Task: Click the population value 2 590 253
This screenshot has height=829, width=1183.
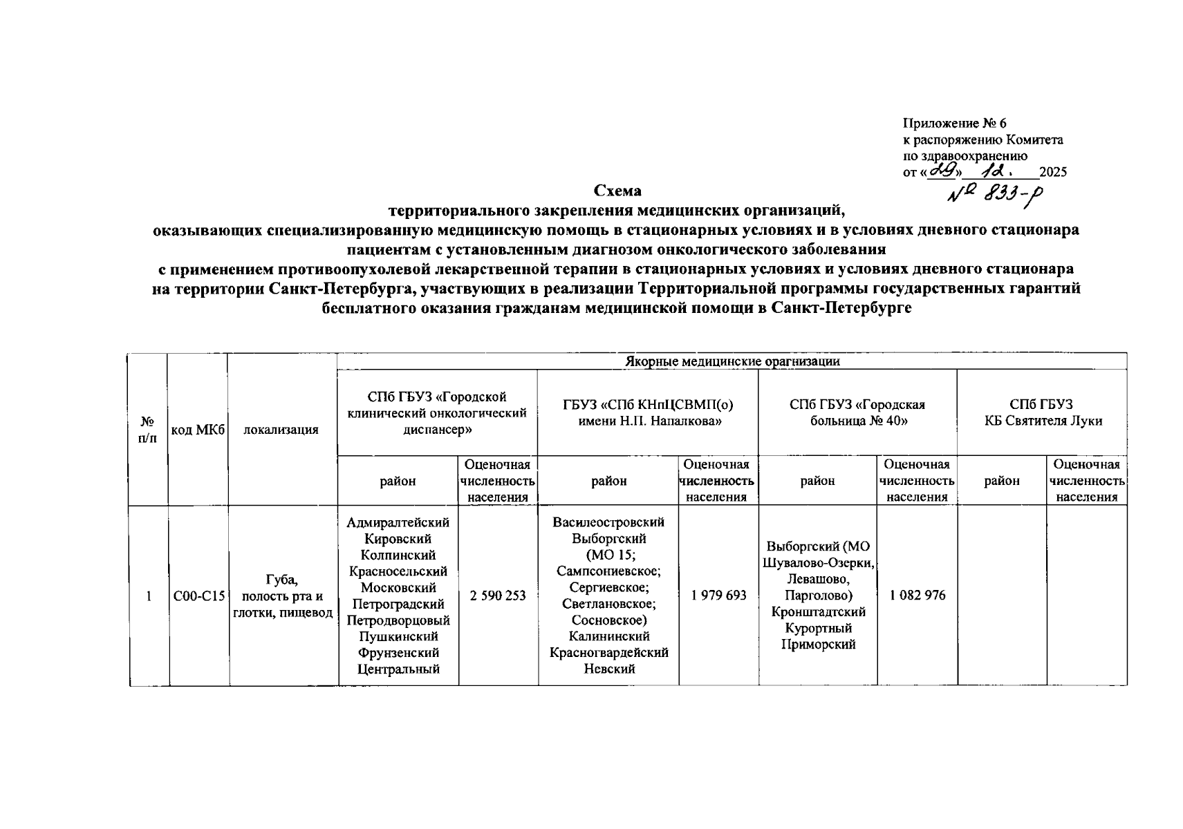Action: [x=498, y=595]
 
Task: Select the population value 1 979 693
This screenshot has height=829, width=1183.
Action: [x=718, y=595]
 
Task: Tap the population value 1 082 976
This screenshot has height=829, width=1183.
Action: [x=917, y=595]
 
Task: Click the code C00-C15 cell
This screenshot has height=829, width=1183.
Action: [x=199, y=595]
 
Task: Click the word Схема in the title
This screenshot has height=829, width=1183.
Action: [x=617, y=191]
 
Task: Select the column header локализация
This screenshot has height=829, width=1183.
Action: [x=281, y=430]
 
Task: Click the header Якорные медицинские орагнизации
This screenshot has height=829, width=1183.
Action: [x=732, y=361]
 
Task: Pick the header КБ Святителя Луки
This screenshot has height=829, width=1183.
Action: [x=1043, y=421]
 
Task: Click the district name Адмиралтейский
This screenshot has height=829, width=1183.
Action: [x=398, y=523]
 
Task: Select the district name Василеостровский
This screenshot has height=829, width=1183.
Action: [x=608, y=522]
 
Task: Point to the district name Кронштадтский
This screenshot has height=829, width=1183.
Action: [x=818, y=612]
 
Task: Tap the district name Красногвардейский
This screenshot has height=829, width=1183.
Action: [x=608, y=652]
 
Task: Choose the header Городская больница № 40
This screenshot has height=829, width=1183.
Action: [x=857, y=412]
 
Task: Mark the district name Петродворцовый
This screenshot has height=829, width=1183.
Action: [x=398, y=620]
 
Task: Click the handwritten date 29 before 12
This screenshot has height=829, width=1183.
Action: [x=938, y=170]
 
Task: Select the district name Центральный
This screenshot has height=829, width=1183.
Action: [x=398, y=669]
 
